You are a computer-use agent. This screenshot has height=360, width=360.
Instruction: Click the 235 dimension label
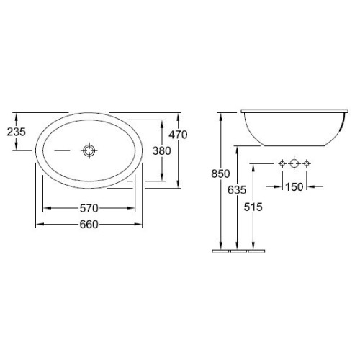click(17, 132)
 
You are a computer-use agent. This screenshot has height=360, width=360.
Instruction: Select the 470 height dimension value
click(178, 135)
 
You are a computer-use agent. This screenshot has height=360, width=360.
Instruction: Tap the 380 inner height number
click(162, 150)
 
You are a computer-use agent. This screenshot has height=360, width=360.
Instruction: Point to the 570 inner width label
click(89, 208)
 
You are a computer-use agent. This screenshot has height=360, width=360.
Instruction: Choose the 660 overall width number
click(89, 225)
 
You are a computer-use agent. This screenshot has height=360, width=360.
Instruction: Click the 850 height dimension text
click(220, 174)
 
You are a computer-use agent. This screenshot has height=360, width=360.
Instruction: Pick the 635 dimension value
click(237, 190)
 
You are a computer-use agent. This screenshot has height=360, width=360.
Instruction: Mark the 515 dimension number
click(253, 207)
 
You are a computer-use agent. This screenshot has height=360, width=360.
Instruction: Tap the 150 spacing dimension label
click(294, 186)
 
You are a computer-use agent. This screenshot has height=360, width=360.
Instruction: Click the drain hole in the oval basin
click(89, 150)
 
